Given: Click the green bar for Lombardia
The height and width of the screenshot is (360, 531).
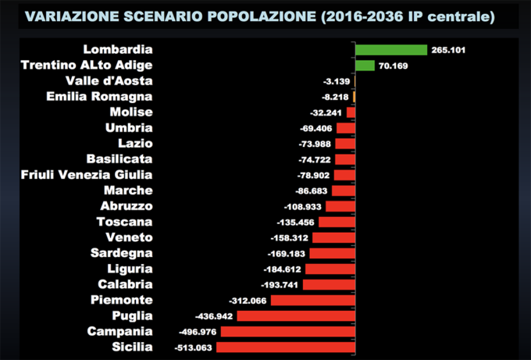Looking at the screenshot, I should (x=390, y=50).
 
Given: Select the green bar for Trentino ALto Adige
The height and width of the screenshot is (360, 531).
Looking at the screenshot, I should (x=365, y=66).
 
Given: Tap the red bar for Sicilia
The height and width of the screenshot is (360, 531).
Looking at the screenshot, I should (x=285, y=347).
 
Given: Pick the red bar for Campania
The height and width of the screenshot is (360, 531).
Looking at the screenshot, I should (x=288, y=331).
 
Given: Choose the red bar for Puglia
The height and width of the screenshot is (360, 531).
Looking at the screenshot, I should (x=296, y=315).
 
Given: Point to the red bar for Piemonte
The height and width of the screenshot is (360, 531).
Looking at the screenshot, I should (x=312, y=300).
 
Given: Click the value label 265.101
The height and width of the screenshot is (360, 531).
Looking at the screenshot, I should (x=448, y=51).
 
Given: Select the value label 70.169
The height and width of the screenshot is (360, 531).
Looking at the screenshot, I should (x=394, y=66).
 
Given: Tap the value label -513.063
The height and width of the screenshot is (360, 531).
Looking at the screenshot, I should (x=192, y=348).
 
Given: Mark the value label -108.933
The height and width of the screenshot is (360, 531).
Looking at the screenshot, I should (x=303, y=206).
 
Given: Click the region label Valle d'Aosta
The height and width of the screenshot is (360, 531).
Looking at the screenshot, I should (x=109, y=81).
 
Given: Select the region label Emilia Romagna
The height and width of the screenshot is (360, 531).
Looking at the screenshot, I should (x=99, y=97).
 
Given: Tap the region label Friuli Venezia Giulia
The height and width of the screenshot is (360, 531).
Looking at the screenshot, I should (x=87, y=175).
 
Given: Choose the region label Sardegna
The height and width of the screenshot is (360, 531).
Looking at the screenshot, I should (x=121, y=253).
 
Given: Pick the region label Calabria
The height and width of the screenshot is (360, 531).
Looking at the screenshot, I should (x=125, y=284).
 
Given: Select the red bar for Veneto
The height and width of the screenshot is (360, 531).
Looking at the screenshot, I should (x=333, y=237).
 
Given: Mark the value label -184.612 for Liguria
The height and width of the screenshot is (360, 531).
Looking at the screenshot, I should (x=282, y=269).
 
